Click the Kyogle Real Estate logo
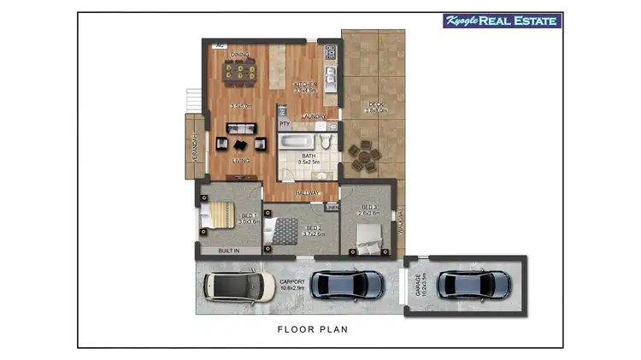(502, 21)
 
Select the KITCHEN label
(305, 84)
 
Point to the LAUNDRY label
(315, 116)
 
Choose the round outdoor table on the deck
(365, 155)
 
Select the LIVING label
(241, 160)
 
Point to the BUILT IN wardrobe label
(228, 251)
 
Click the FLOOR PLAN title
(312, 328)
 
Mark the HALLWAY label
(308, 194)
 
